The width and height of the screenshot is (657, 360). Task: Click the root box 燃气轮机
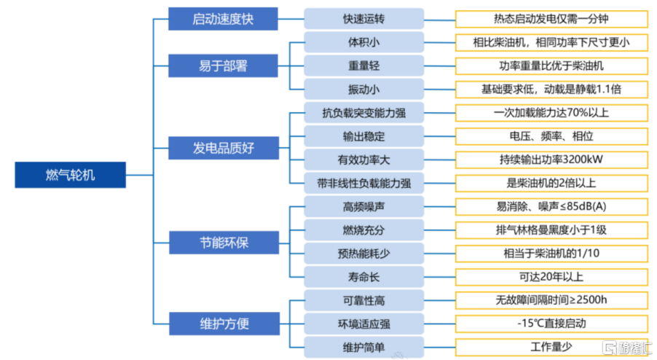pyautogui.click(x=71, y=175)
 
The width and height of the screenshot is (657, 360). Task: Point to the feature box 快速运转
pyautogui.click(x=363, y=19)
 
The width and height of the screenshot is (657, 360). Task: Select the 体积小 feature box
pyautogui.click(x=363, y=42)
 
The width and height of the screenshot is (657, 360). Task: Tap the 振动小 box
pyautogui.click(x=363, y=89)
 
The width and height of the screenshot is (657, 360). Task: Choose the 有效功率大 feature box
pyautogui.click(x=363, y=159)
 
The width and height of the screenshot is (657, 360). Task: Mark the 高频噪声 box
pyautogui.click(x=363, y=206)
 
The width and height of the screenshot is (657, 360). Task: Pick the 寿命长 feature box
pyautogui.click(x=363, y=276)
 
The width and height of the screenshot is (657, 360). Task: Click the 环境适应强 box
pyautogui.click(x=363, y=323)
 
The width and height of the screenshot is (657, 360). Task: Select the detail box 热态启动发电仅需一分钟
pyautogui.click(x=551, y=19)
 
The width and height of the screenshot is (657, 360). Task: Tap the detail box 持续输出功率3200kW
pyautogui.click(x=551, y=159)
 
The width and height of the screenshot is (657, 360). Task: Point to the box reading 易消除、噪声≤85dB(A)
pyautogui.click(x=551, y=206)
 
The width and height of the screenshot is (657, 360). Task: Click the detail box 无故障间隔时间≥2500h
pyautogui.click(x=551, y=300)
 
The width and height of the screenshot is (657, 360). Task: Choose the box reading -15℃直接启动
pyautogui.click(x=551, y=323)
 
